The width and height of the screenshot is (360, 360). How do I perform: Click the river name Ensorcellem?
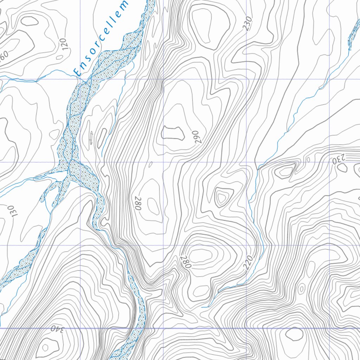click(101, 38)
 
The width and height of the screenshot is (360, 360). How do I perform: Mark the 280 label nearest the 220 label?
click(186, 262)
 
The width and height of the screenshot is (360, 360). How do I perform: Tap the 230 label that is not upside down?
click(249, 24)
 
